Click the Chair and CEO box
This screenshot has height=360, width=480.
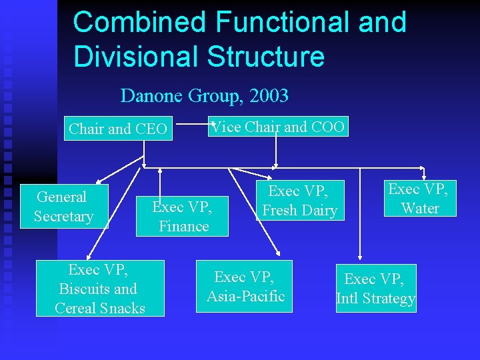pyautogui.click(x=118, y=129)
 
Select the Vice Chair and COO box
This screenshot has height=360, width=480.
pyautogui.click(x=278, y=127)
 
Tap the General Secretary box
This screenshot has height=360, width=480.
pyautogui.click(x=63, y=207)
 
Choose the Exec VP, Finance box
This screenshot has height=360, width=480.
pyautogui.click(x=182, y=217)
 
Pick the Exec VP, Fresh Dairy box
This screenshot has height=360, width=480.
pyautogui.click(x=299, y=201)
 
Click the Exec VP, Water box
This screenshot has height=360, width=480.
pyautogui.click(x=420, y=199)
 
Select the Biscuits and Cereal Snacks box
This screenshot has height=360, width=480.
pyautogui.click(x=100, y=289)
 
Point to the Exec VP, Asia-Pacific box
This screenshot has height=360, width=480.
pyautogui.click(x=245, y=287)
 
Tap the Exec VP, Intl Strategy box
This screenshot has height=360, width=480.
pyautogui.click(x=375, y=289)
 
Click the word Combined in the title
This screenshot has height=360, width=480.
pyautogui.click(x=139, y=22)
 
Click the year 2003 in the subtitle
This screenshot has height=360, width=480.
pyautogui.click(x=268, y=96)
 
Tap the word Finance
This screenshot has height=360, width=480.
pyautogui.click(x=183, y=227)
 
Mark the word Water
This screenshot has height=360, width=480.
pyautogui.click(x=420, y=208)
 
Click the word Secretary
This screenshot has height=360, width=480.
pyautogui.click(x=63, y=217)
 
